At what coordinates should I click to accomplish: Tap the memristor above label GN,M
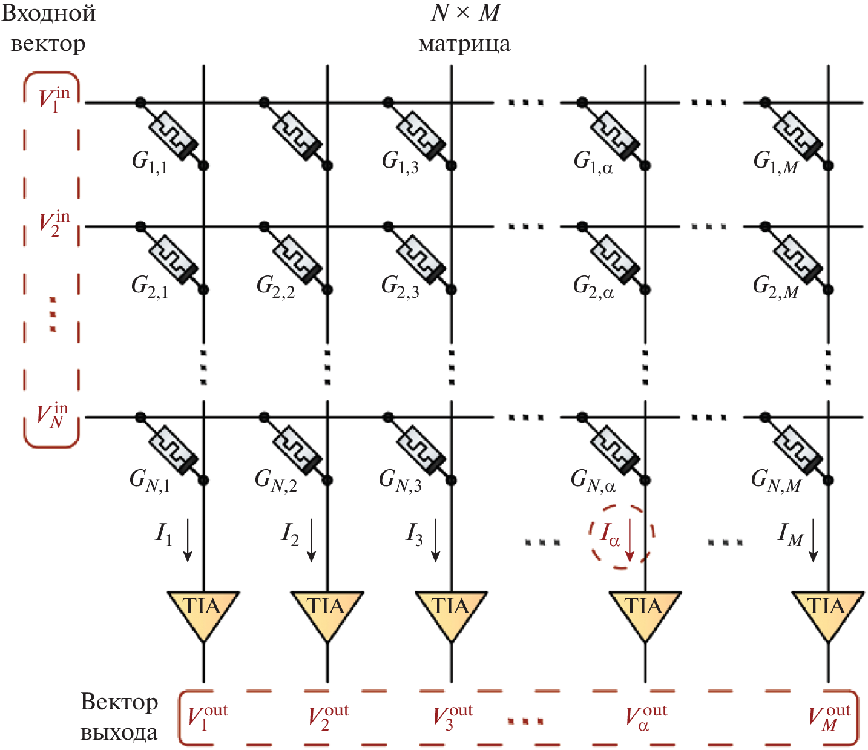pos(798,449)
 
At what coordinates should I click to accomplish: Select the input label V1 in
pos(53,99)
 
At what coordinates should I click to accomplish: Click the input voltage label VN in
pos(52,415)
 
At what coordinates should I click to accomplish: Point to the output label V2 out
pos(328,717)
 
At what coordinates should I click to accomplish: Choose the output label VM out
pos(829,717)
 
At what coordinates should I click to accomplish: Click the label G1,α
pos(593,162)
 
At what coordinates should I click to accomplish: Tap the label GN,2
pos(276,481)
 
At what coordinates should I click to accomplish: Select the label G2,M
pos(775,286)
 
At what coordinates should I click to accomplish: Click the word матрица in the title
pos(464,44)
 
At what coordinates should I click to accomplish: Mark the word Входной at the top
pos(48,13)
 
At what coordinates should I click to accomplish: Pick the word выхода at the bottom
pos(119,733)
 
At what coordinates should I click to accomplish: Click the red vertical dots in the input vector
pos(53,314)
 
